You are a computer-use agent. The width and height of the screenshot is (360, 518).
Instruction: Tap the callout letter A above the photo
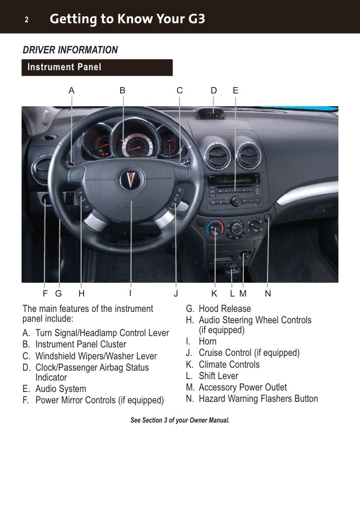[x=72, y=90]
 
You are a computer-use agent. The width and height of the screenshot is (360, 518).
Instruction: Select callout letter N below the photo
[x=268, y=294]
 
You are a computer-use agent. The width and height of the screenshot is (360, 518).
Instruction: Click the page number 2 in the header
[x=27, y=20]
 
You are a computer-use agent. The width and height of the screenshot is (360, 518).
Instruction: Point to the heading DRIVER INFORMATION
[x=70, y=50]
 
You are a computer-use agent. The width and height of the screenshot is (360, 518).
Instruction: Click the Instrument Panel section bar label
[x=65, y=67]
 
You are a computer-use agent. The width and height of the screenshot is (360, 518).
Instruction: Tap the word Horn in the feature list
[x=208, y=341]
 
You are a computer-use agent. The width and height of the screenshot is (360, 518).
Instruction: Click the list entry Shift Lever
[x=218, y=376]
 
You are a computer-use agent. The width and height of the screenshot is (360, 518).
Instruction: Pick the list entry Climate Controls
[x=229, y=364]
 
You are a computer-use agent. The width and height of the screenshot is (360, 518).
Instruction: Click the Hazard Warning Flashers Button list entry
[x=258, y=399]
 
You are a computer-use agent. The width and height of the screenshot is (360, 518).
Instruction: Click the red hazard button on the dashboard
[x=268, y=218]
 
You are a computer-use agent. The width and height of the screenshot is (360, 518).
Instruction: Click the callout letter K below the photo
[x=214, y=294]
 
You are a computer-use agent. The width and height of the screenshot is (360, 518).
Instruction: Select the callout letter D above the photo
[x=214, y=90]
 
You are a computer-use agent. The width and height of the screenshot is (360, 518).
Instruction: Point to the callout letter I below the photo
[x=131, y=293]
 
